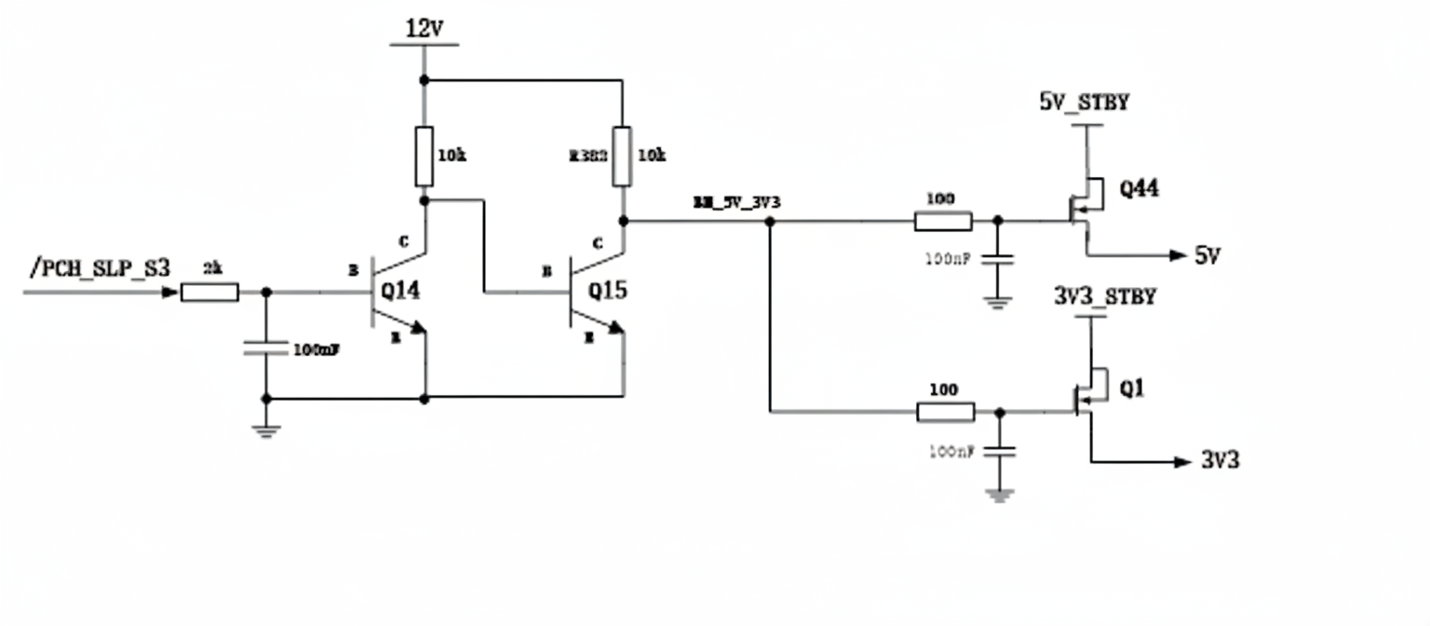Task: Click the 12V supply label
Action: click(424, 30)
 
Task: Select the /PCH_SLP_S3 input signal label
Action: click(100, 268)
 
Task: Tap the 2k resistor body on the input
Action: click(209, 293)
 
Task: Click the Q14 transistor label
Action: click(400, 291)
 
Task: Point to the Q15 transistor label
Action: click(607, 291)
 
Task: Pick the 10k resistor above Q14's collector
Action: click(425, 156)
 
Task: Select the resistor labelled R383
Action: click(622, 156)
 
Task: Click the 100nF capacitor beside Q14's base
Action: click(266, 348)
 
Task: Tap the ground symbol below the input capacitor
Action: click(266, 429)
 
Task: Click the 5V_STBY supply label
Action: click(1085, 102)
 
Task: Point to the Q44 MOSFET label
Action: click(1139, 189)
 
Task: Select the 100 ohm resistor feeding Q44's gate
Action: click(944, 222)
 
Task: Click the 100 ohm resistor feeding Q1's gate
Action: click(946, 412)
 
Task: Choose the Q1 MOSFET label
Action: click(1131, 388)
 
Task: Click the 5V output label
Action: click(1207, 255)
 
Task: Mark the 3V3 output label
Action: click(1220, 460)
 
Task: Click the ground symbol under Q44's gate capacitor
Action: click(997, 301)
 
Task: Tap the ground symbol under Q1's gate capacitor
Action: click(1000, 495)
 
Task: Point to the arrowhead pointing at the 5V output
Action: click(1178, 255)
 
